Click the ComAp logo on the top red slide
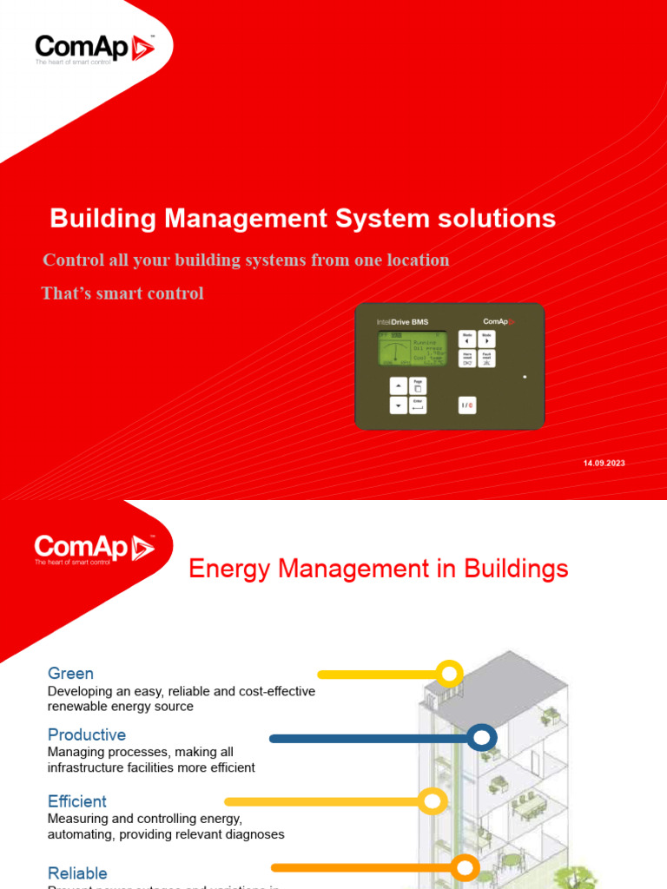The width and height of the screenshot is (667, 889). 94,49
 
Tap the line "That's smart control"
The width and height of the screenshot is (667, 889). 122,293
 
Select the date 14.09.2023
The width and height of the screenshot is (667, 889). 604,464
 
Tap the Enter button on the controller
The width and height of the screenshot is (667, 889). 419,405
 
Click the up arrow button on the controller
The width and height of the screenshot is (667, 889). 398,385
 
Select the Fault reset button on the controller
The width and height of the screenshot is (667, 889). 486,359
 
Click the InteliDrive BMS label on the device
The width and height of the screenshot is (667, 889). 402,322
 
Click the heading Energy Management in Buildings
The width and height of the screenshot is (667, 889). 379,570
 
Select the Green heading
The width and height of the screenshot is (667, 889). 70,674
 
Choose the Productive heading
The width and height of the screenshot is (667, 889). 87,735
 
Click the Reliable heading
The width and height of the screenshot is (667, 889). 77,873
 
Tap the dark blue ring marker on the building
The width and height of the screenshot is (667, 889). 481,739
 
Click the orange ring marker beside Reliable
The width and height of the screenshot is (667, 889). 466,867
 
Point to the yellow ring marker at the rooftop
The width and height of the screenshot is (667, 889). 449,674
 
